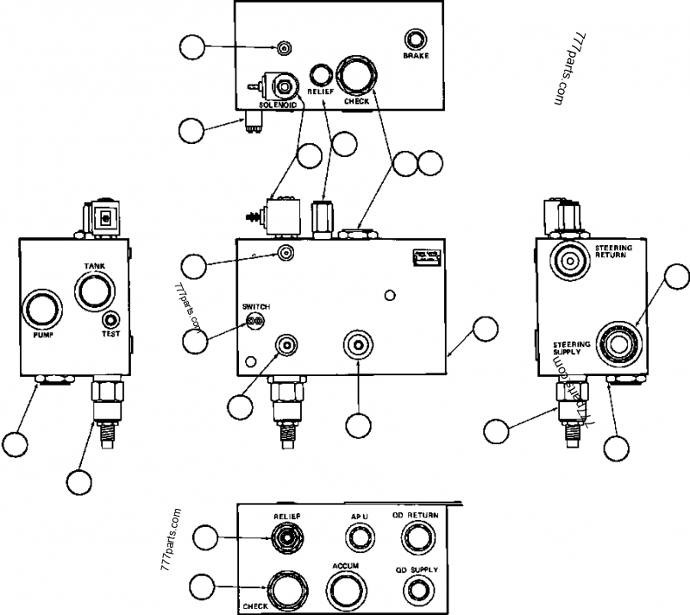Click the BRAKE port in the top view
(416, 40)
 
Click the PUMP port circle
(41, 310)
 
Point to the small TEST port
(111, 320)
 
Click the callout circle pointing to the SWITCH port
(196, 339)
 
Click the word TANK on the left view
(93, 267)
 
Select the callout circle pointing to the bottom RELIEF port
(204, 538)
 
